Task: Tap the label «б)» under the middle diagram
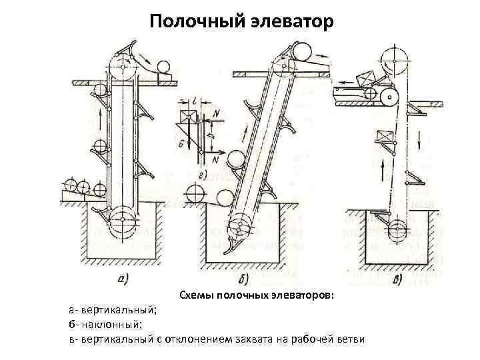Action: pyautogui.click(x=243, y=279)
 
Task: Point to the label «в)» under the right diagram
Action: pyautogui.click(x=401, y=279)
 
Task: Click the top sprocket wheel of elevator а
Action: pyautogui.click(x=121, y=65)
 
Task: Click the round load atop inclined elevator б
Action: pyautogui.click(x=304, y=52)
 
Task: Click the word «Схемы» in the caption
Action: pyautogui.click(x=196, y=295)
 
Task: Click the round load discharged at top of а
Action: pyautogui.click(x=161, y=67)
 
